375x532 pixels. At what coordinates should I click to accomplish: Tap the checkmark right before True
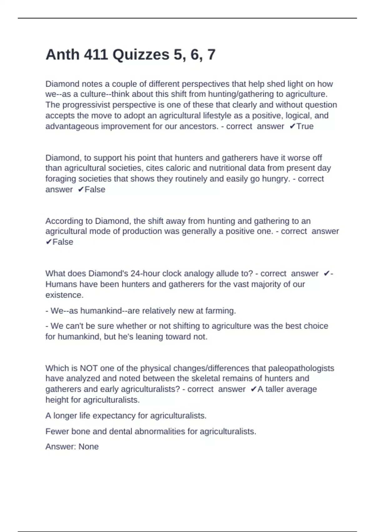tap(292, 126)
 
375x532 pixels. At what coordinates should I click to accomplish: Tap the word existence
tap(64, 295)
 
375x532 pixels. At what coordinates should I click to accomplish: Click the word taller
tap(276, 389)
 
